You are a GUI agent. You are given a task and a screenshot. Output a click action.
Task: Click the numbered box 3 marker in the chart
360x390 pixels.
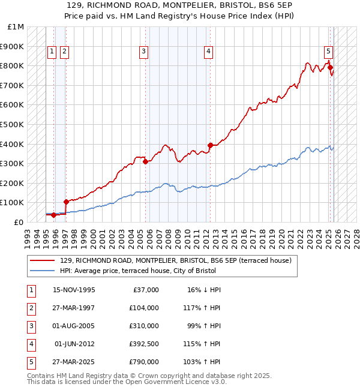pos(144,52)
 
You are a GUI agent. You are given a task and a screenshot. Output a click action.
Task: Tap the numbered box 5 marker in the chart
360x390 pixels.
pos(329,52)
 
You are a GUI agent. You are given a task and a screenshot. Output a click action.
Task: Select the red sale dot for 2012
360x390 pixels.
pos(210,145)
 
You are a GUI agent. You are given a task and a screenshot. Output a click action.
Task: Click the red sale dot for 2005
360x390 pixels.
pos(145,161)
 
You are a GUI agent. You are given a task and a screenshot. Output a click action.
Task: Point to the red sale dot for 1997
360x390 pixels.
pos(66,202)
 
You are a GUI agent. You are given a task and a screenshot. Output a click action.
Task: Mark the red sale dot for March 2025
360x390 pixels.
pos(330,67)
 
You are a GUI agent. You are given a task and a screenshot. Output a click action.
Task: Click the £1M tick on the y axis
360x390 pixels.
pos(16,27)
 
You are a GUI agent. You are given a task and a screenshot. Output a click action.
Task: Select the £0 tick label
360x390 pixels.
pos(18,222)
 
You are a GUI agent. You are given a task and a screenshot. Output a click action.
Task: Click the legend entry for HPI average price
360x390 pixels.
pos(137,271)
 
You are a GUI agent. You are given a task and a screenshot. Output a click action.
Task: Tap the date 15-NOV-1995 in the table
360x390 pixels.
pos(74,290)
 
